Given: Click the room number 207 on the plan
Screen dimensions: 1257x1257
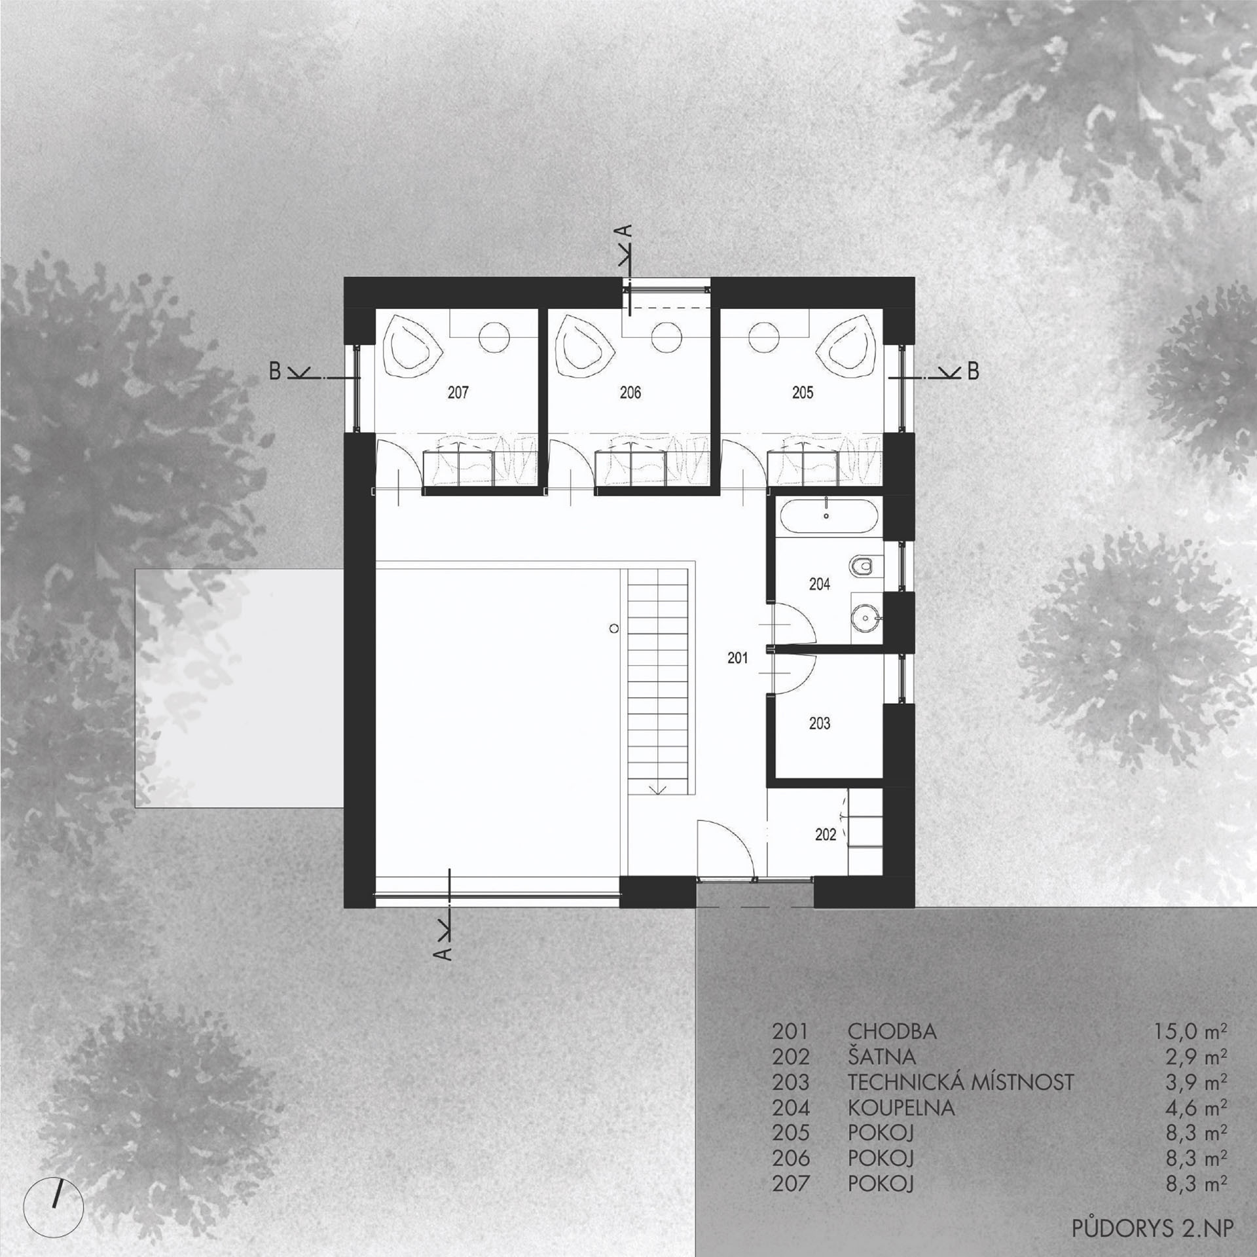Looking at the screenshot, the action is click(x=458, y=393).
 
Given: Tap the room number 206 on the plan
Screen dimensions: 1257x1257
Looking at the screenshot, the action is click(x=630, y=393).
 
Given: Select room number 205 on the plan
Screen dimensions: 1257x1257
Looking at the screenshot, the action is click(x=803, y=393).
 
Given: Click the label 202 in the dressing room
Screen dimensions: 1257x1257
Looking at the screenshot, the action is click(x=826, y=835).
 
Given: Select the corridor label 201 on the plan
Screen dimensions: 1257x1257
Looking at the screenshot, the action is click(x=737, y=659).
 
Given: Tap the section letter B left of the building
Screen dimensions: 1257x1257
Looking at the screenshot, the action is click(x=275, y=371).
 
